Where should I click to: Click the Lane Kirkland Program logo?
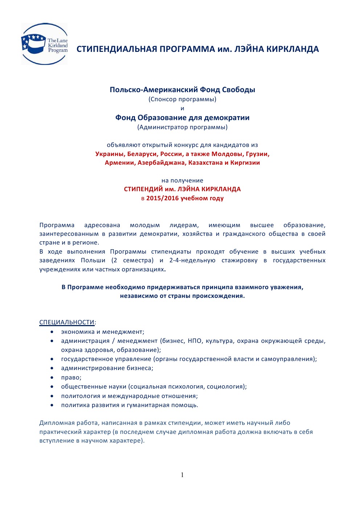point(45,44)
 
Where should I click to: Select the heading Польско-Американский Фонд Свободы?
point(182,90)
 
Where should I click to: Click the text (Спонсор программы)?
point(182,99)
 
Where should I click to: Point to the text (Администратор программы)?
point(182,127)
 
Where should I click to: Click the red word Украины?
point(110,154)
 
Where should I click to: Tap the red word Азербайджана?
point(161,163)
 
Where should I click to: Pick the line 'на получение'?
point(182,180)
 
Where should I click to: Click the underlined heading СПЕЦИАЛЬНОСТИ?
point(67,322)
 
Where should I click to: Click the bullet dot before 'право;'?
point(53,378)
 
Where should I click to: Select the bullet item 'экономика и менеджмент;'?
point(103,332)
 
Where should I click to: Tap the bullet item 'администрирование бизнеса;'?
point(107,368)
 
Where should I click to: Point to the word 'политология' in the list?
point(81,396)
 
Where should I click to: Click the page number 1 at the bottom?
point(182,475)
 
